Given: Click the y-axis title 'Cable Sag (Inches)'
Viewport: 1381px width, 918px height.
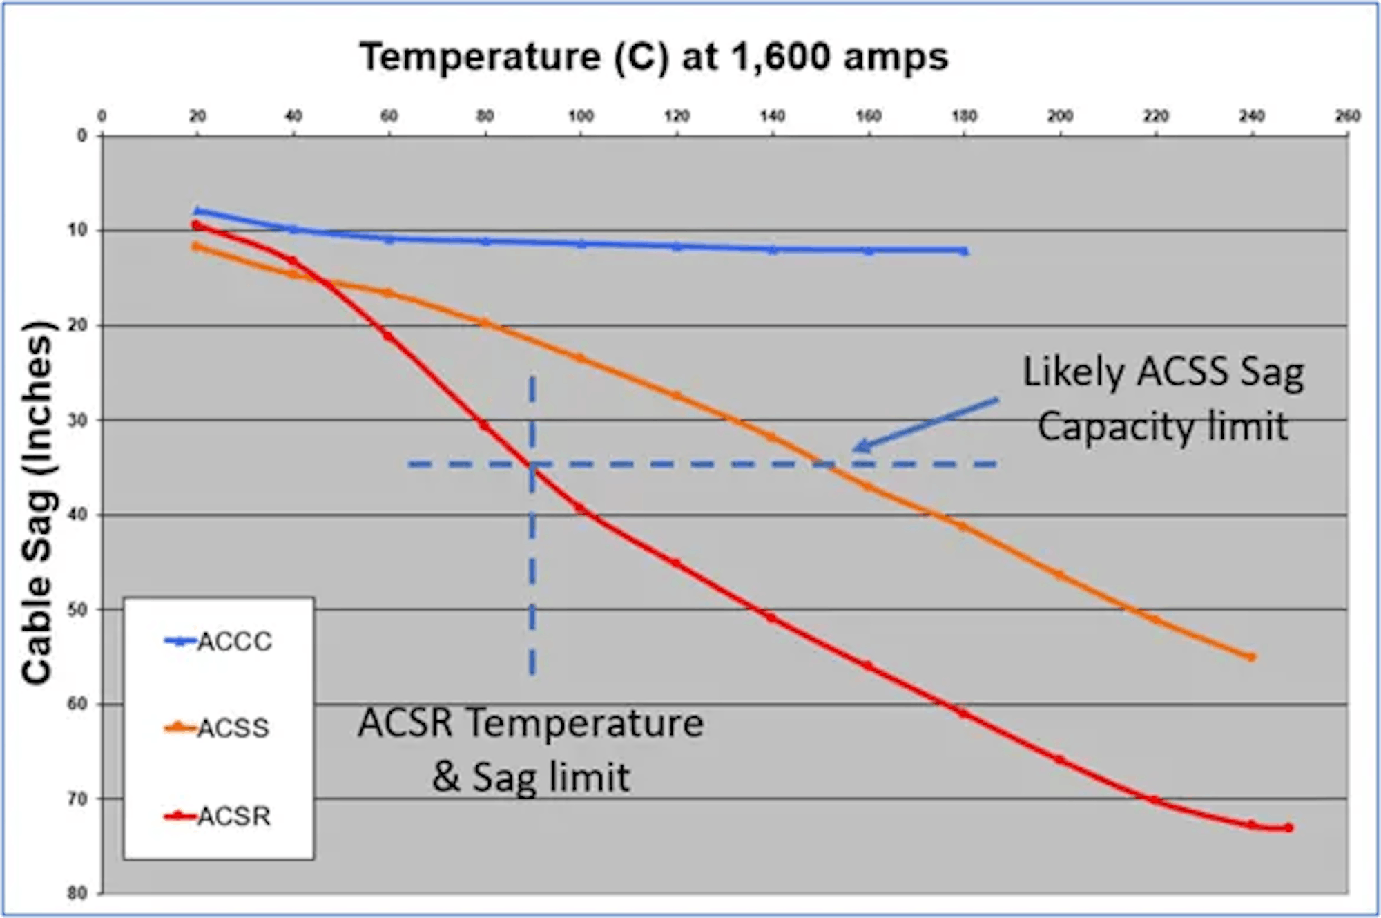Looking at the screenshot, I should coord(37,502).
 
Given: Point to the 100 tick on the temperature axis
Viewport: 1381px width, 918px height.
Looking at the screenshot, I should coord(581,116).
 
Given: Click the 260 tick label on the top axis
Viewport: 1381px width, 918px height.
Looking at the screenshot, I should coord(1347,116).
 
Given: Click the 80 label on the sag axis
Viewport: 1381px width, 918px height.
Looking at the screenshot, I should coord(77,893).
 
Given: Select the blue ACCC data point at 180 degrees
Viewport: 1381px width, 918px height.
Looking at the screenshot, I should coord(964,251).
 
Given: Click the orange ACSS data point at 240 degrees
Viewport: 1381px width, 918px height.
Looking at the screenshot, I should coord(1251,657).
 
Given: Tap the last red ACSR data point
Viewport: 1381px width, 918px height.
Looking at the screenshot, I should coord(1288,828).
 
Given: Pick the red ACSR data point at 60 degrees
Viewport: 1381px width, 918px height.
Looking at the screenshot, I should coord(388,336).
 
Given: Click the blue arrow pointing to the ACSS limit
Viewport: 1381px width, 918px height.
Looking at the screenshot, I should coord(925,424).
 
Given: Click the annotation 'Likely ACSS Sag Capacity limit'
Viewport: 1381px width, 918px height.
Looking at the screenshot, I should coord(1163,399).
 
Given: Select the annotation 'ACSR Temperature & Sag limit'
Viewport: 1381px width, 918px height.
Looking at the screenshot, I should coord(530,750).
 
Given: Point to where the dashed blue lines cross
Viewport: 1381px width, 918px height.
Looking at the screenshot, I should coord(532,464).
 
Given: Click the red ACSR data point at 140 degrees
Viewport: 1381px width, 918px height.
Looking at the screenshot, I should coord(772,617).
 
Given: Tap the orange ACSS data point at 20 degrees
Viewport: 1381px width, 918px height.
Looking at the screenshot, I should coord(197,246).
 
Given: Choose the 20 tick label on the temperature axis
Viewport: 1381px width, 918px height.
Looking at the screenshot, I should coord(197,116).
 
